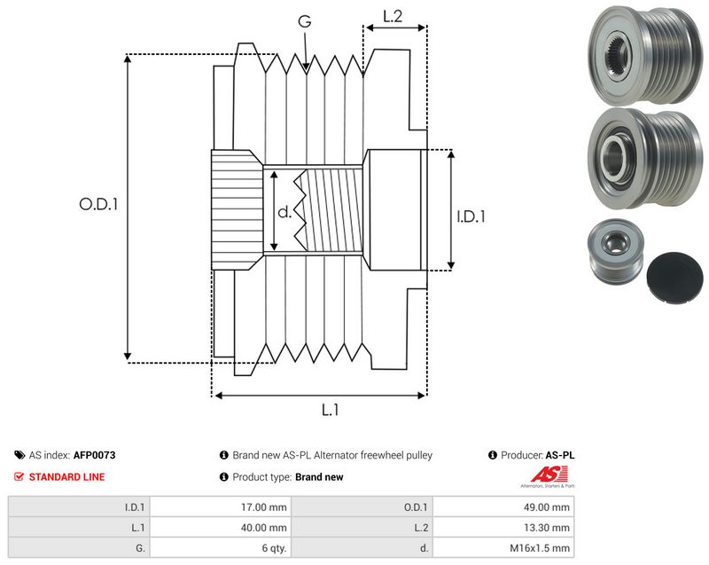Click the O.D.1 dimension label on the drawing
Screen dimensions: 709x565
tap(98, 204)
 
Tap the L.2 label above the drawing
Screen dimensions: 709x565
tap(393, 16)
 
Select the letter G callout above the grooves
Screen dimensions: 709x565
tap(305, 20)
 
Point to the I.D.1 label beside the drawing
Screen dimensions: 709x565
tap(471, 216)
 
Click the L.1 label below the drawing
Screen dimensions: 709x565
tap(330, 410)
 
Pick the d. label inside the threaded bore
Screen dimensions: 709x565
tap(284, 212)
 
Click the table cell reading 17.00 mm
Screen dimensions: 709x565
tap(263, 507)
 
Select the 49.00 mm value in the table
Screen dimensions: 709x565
tap(546, 507)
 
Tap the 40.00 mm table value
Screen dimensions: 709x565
tap(263, 528)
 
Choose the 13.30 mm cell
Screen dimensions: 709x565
tap(546, 528)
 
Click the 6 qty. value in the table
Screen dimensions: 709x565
tap(274, 548)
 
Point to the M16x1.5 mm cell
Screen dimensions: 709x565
tap(540, 548)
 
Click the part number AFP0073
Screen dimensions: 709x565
tap(94, 455)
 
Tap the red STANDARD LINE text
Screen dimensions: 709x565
tap(66, 477)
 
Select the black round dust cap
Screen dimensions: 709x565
tap(675, 279)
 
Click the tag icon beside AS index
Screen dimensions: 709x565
tap(19, 455)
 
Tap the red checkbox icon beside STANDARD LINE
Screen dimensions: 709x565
tap(19, 477)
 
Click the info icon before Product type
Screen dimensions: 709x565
tap(224, 477)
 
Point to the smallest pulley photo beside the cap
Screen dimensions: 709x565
tap(616, 252)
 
